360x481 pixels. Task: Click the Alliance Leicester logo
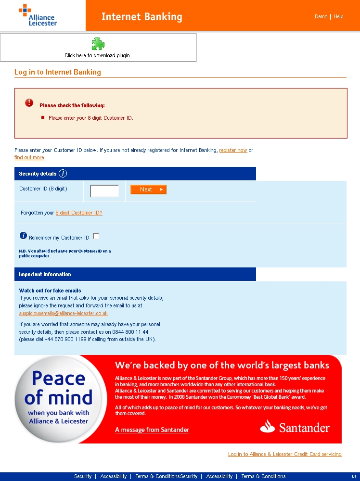(x=38, y=15)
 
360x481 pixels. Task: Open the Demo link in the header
(x=321, y=16)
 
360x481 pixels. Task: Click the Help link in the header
(x=338, y=16)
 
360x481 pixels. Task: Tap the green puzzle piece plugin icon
(x=98, y=44)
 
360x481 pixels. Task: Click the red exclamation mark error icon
(x=29, y=102)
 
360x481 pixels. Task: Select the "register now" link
(x=233, y=150)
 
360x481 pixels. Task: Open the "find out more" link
(x=29, y=157)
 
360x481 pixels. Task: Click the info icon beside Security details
(x=63, y=174)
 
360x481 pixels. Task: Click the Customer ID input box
(x=104, y=191)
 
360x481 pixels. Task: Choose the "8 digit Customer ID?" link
(x=79, y=213)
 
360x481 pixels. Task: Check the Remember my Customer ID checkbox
(x=96, y=236)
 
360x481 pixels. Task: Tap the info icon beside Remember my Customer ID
(x=23, y=235)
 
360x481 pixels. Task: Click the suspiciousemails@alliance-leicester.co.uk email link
(x=63, y=313)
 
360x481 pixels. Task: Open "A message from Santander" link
(x=152, y=430)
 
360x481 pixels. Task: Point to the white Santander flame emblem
(x=267, y=426)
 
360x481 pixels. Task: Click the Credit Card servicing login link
(x=284, y=454)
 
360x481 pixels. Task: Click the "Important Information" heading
(x=45, y=274)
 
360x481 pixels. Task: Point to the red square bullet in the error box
(x=43, y=117)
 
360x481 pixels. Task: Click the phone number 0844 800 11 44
(x=130, y=332)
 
